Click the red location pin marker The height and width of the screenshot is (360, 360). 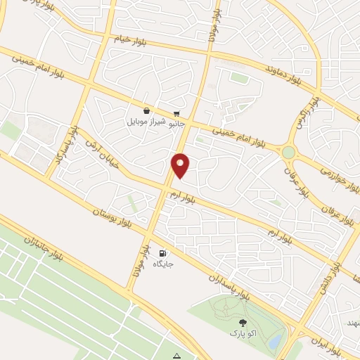(x=181, y=165)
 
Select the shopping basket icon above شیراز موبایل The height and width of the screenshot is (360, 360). (x=146, y=111)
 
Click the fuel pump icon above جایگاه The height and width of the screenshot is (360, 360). (x=163, y=253)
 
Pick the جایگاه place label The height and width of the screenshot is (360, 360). (x=163, y=264)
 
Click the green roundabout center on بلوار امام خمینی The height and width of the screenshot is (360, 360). (x=288, y=152)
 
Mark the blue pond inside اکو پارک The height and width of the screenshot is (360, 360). (x=276, y=341)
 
